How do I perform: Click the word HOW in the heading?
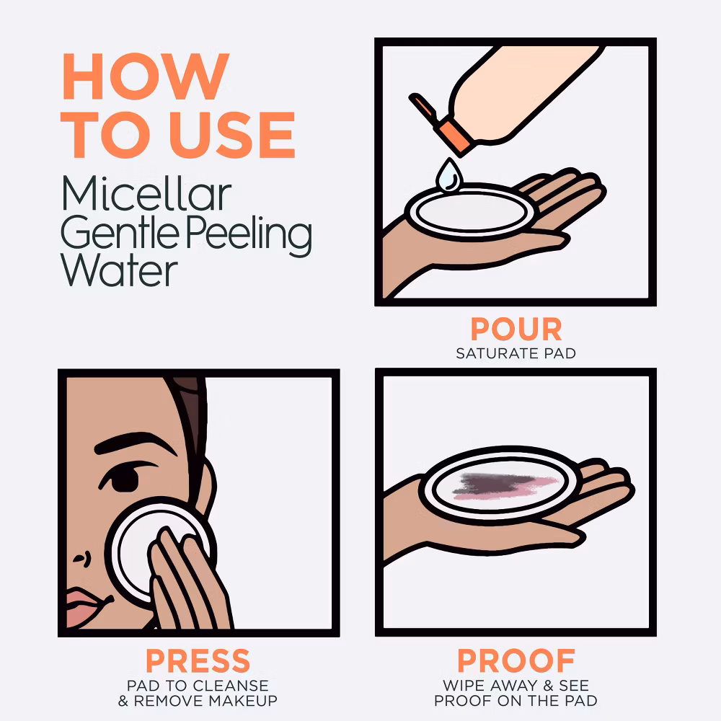146,76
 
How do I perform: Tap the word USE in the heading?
232,135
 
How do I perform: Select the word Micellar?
146,193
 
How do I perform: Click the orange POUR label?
516,329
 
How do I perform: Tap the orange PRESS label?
198,660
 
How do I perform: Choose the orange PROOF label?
516,660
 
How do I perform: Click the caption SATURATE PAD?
516,353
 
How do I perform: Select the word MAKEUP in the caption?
243,701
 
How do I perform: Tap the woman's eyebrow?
136,443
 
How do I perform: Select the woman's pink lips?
87,608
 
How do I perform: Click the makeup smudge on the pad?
505,485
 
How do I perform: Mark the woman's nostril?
81,559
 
